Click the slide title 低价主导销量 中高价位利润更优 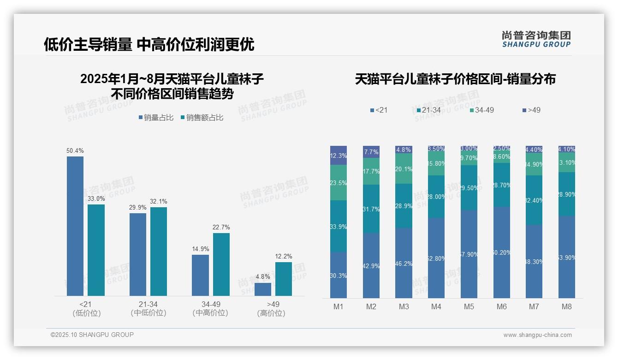[149, 44]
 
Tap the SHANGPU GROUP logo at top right [536, 39]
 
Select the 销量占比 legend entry [156, 118]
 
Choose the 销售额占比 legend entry [202, 118]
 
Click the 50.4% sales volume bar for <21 [75, 226]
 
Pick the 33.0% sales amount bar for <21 [96, 250]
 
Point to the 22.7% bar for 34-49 [221, 264]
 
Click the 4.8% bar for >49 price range [263, 289]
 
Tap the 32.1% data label [159, 201]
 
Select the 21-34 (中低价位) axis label [148, 308]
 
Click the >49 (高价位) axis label [273, 308]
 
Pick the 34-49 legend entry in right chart [481, 110]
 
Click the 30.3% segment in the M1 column [339, 275]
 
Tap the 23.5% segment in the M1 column [339, 183]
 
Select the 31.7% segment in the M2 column [371, 209]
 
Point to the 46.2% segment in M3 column [404, 263]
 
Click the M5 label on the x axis [469, 306]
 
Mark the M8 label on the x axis [567, 306]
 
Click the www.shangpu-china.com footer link [537, 335]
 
